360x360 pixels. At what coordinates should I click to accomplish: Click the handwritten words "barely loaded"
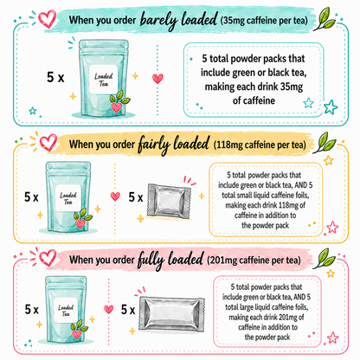178,21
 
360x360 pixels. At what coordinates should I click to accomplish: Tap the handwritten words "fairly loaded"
173,144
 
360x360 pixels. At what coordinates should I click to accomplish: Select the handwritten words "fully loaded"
170,260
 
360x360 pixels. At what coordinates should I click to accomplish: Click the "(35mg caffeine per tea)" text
264,21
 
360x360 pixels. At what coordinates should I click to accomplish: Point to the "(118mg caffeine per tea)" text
260,145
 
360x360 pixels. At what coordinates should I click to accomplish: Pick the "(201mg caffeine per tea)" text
254,260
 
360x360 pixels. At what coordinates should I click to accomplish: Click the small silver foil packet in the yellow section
169,201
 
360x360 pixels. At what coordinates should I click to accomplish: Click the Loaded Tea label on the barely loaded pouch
104,80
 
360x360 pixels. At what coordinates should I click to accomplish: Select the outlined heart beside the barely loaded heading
47,18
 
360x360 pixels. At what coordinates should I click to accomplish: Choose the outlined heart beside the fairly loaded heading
48,143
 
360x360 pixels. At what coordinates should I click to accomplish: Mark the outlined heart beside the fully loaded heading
48,258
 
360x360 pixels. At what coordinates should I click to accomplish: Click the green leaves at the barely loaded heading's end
325,19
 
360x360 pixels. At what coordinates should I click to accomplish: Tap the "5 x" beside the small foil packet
136,197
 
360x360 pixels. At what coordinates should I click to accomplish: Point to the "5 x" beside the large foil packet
128,310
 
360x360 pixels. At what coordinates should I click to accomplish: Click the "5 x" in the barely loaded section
55,77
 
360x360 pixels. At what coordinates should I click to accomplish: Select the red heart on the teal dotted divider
157,79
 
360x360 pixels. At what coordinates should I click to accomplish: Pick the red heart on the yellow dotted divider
115,196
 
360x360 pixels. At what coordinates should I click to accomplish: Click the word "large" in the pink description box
244,307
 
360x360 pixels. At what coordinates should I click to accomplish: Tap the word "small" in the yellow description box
244,196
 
